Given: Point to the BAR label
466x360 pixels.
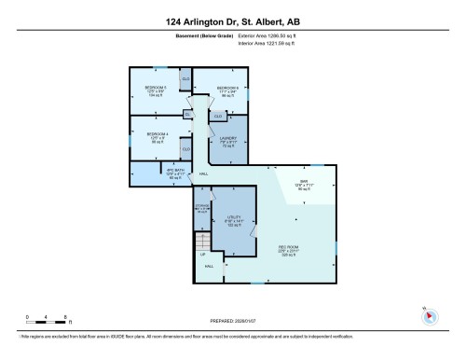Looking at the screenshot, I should click(x=303, y=182).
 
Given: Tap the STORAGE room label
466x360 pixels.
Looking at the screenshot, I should click(x=201, y=206).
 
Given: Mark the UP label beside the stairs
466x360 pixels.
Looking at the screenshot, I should click(x=201, y=254).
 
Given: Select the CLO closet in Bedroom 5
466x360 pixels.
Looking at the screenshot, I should click(x=185, y=80).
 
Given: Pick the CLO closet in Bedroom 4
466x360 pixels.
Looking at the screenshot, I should click(x=185, y=149).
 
